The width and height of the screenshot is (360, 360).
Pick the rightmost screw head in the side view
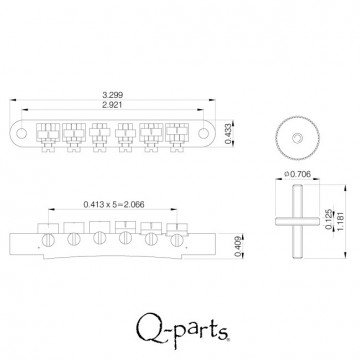tap(177, 239)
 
